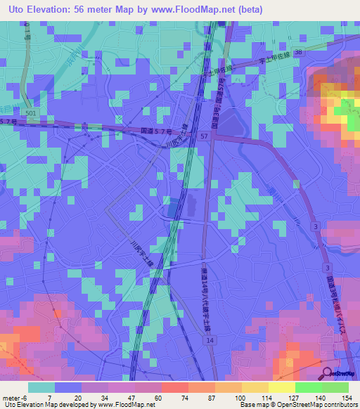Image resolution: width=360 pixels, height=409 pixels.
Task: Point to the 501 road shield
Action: point(29,112)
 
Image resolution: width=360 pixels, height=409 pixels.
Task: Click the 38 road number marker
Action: point(300,52)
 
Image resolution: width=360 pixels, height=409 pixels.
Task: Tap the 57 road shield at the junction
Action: point(204,135)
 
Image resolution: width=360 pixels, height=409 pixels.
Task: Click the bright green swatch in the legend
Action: point(335,388)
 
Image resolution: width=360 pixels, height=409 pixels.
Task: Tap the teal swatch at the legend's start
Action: point(41,388)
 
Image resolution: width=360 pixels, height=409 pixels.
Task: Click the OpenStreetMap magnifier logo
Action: point(326,372)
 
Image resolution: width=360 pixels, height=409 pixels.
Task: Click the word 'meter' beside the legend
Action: point(11,398)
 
